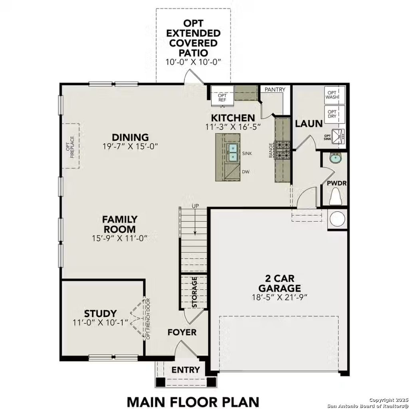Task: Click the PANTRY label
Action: [275, 89]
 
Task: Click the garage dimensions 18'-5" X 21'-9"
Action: [279, 297]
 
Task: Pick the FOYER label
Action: [182, 332]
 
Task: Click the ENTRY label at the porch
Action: [185, 370]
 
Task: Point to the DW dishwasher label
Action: [246, 172]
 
